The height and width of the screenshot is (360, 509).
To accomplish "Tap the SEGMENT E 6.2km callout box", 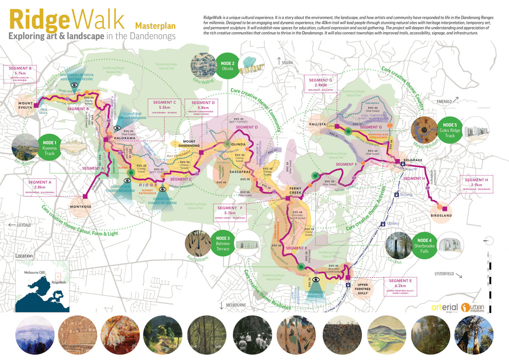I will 400,287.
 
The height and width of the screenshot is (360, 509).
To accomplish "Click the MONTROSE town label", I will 81,207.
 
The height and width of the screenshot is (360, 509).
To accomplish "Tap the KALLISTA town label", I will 318,124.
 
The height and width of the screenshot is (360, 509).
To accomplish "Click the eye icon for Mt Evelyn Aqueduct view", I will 74,84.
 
